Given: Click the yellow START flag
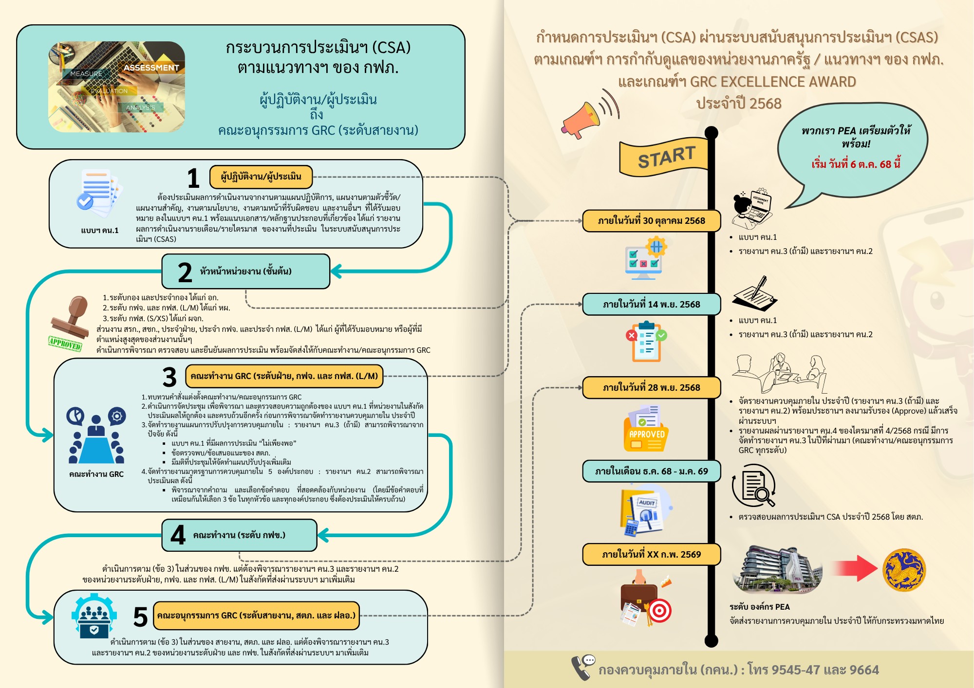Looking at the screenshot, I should (x=665, y=158).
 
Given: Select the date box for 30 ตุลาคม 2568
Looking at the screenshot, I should (x=651, y=221).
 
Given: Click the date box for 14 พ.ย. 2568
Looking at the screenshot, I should (x=651, y=305).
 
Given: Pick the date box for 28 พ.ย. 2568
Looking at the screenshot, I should (x=651, y=388).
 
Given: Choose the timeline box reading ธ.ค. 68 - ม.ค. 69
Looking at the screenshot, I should (x=651, y=471).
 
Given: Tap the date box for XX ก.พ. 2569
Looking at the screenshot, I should (x=651, y=555).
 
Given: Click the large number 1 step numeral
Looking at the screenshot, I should (x=193, y=178).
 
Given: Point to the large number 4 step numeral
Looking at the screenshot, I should (x=178, y=535).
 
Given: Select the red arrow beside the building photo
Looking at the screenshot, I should (x=853, y=568).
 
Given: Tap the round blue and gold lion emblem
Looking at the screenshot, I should (x=904, y=570).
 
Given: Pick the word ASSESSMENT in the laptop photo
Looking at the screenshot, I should (x=151, y=68).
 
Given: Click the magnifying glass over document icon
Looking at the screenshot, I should (x=753, y=486).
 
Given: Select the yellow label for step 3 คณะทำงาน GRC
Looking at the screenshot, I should (x=284, y=376).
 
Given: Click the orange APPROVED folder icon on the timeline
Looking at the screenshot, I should (x=646, y=428).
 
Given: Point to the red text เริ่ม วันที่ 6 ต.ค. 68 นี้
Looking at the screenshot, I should (x=856, y=164).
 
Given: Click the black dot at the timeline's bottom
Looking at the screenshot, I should (x=712, y=641).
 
